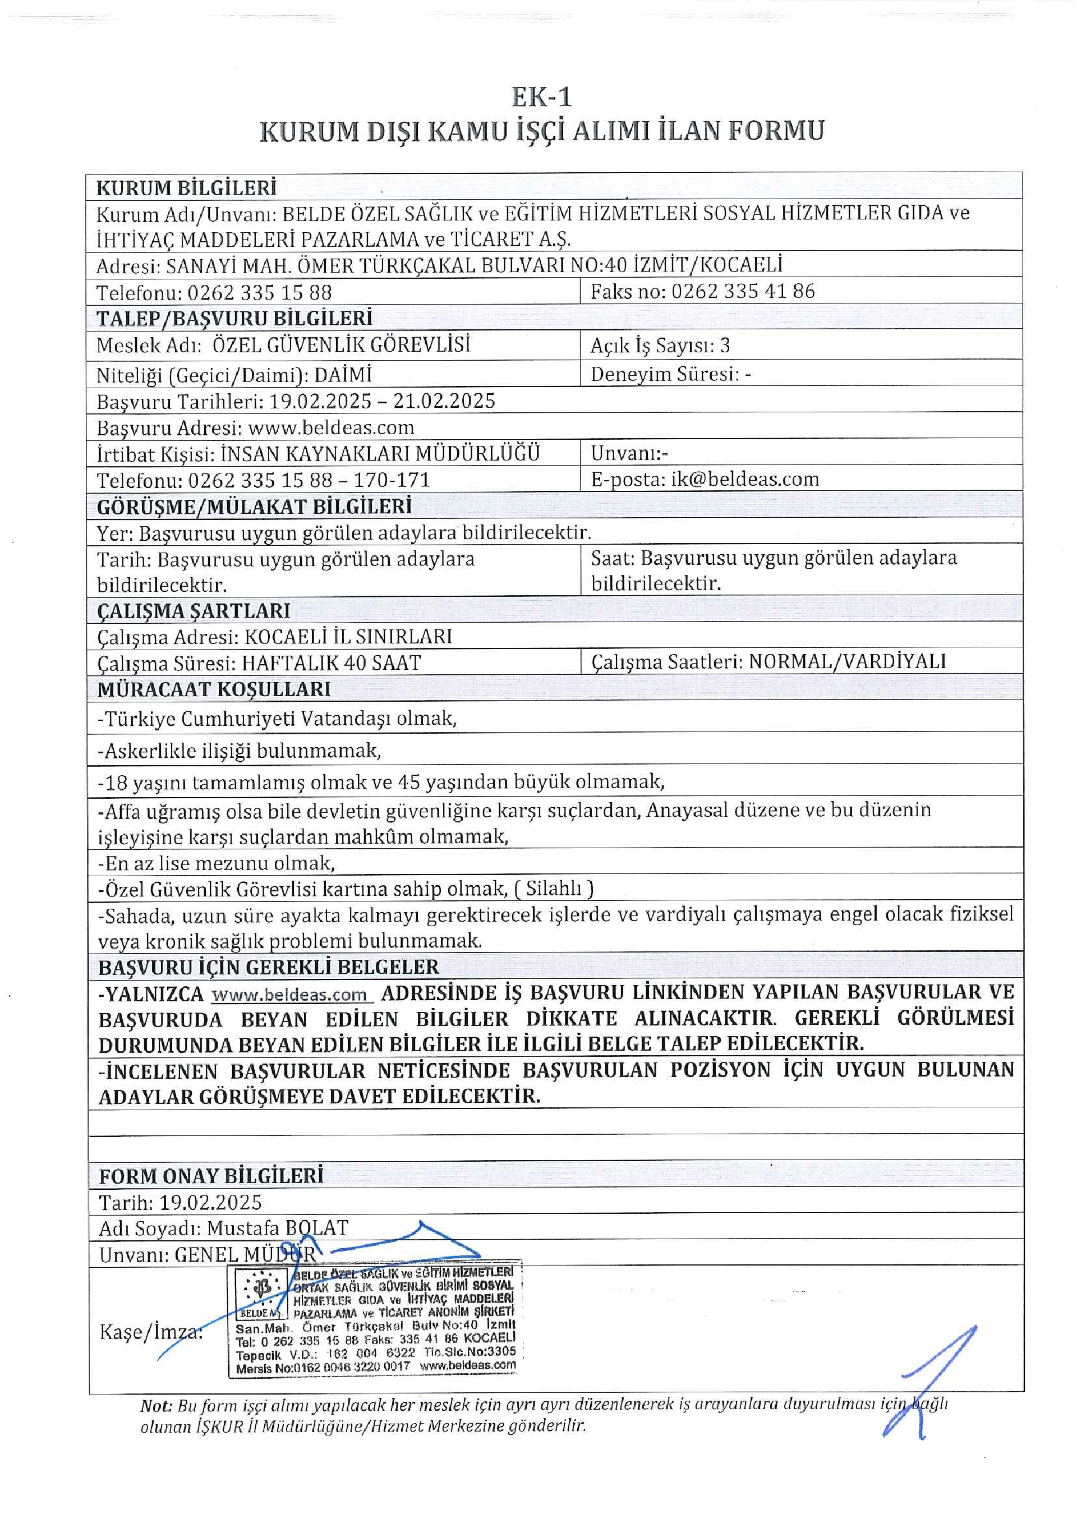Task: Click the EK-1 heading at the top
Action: tap(541, 98)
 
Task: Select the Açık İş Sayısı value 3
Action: tap(725, 345)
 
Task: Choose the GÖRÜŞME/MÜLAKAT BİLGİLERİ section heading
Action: tap(254, 507)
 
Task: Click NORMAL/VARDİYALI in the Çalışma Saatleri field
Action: tap(847, 661)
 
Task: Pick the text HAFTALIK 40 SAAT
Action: tap(331, 662)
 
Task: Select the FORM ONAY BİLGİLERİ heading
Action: tap(211, 1176)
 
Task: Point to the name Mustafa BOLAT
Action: tap(277, 1228)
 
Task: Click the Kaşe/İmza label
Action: tap(150, 1331)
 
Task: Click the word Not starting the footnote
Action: tap(156, 1406)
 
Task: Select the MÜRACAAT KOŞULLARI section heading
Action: tap(214, 690)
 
